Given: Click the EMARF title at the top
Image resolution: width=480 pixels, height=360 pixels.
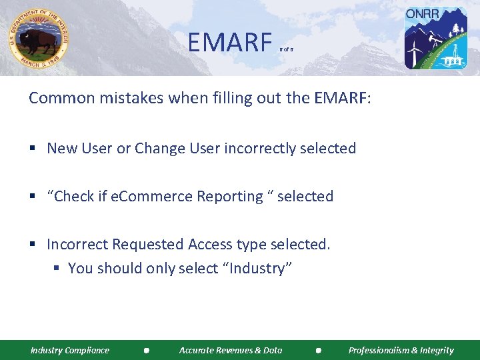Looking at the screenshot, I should (x=226, y=43).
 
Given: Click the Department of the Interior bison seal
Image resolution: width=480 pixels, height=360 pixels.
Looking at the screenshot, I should (x=39, y=38).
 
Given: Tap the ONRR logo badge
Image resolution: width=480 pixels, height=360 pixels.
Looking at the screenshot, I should (x=436, y=38).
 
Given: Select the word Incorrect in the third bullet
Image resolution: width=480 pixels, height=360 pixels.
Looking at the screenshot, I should (x=77, y=245).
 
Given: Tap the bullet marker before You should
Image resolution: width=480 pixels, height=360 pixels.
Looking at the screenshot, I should (x=57, y=269).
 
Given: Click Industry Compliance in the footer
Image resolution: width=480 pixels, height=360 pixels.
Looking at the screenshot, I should (x=70, y=350).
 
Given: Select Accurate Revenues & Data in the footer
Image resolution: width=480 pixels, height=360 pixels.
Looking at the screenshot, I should (x=231, y=350).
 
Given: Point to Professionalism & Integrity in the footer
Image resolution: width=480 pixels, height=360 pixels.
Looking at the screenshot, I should (x=401, y=350).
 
